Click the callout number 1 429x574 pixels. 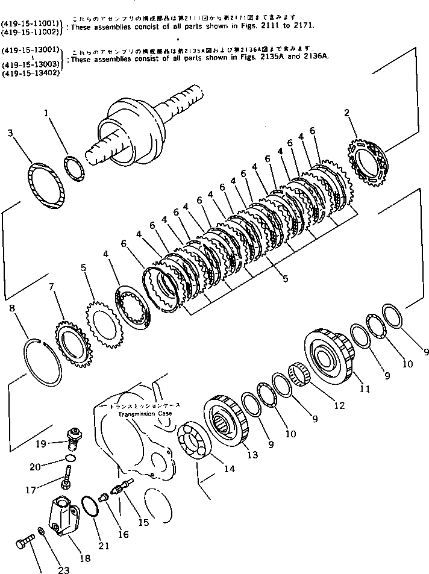click(x=48, y=113)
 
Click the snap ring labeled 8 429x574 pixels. click(x=43, y=363)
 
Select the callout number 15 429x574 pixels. click(x=143, y=523)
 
